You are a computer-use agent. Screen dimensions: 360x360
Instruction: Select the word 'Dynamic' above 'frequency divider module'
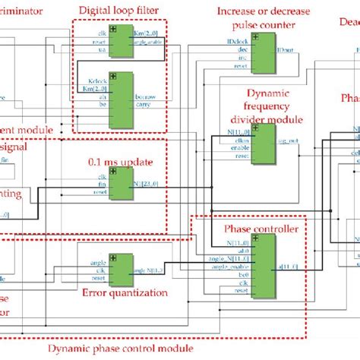(x=261, y=96)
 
